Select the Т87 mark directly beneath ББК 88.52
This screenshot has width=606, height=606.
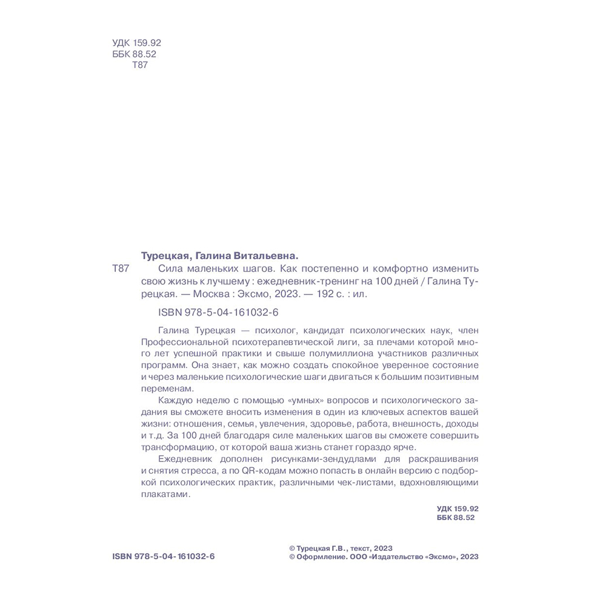pyautogui.click(x=139, y=65)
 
